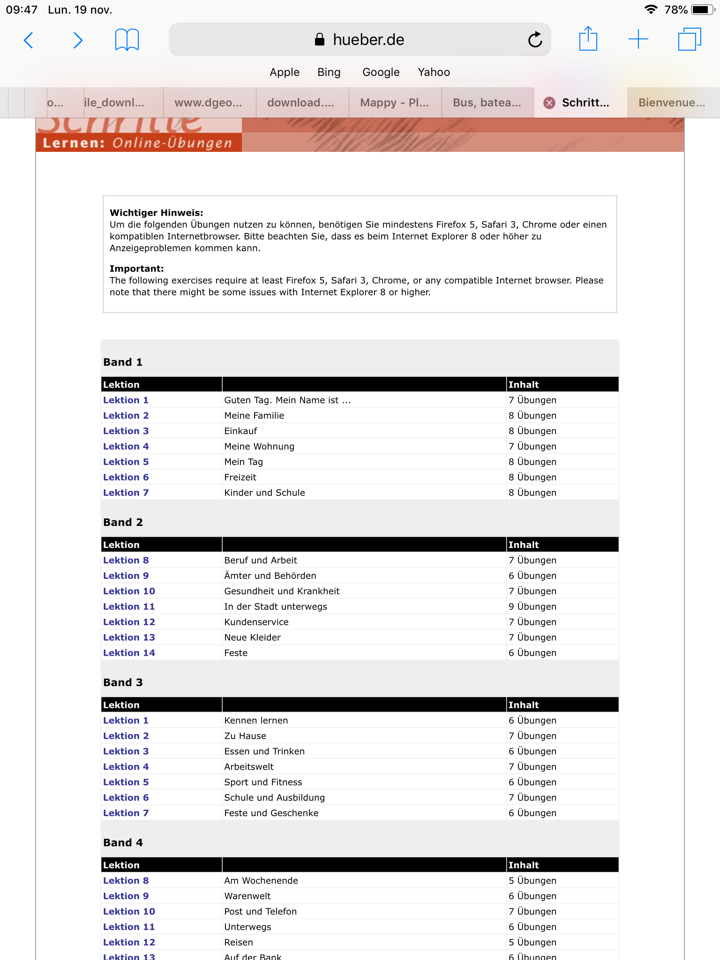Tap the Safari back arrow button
click(x=29, y=40)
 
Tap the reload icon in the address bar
click(x=535, y=40)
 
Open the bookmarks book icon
click(x=127, y=40)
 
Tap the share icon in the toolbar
click(x=588, y=39)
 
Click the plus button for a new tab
click(x=638, y=39)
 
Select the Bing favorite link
click(x=329, y=72)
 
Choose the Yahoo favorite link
click(x=434, y=72)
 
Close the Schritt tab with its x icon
click(x=549, y=103)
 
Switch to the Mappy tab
click(x=394, y=103)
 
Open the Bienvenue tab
click(x=671, y=103)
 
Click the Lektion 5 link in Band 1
click(x=126, y=462)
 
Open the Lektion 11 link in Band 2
click(x=129, y=607)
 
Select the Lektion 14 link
click(x=129, y=653)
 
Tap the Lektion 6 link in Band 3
click(x=126, y=797)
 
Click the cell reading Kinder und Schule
click(x=264, y=493)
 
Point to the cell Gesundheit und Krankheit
click(x=282, y=591)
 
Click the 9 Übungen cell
click(x=532, y=607)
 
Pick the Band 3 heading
click(x=123, y=682)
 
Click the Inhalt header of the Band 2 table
click(x=524, y=545)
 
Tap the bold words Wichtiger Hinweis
click(x=157, y=213)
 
